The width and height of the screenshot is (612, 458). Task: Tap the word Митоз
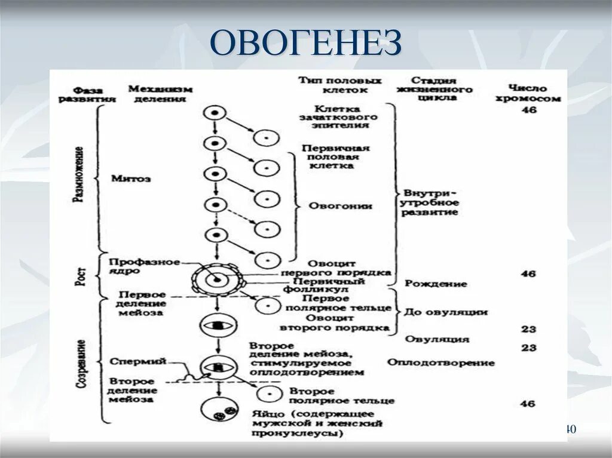pyautogui.click(x=131, y=179)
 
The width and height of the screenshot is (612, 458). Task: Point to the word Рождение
pyautogui.click(x=436, y=283)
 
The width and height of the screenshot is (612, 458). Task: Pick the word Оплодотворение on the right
pyautogui.click(x=440, y=362)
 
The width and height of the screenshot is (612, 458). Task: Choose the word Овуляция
pyautogui.click(x=437, y=339)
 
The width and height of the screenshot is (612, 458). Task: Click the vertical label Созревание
pyautogui.click(x=80, y=365)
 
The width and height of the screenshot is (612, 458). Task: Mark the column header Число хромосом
pyautogui.click(x=528, y=94)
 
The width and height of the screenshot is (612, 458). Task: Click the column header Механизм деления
pyautogui.click(x=160, y=94)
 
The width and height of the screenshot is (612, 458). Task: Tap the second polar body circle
pyautogui.click(x=268, y=395)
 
